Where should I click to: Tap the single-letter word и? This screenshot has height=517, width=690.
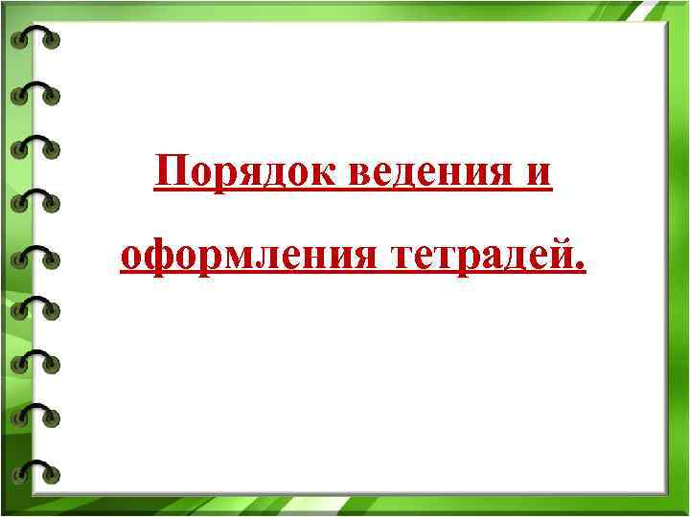[539, 174]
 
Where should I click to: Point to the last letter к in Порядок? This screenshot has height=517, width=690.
[319, 174]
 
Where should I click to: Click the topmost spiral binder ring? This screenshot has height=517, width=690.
[35, 38]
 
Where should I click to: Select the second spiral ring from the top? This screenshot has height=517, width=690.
[35, 93]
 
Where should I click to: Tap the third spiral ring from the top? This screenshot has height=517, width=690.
[35, 146]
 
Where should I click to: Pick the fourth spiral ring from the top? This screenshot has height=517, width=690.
[35, 200]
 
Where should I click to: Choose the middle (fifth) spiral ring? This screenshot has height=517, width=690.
[35, 255]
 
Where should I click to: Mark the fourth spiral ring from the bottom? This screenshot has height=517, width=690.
[35, 308]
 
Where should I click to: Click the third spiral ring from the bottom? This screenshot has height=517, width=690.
[35, 362]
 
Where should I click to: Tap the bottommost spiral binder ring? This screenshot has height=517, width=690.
[35, 470]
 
